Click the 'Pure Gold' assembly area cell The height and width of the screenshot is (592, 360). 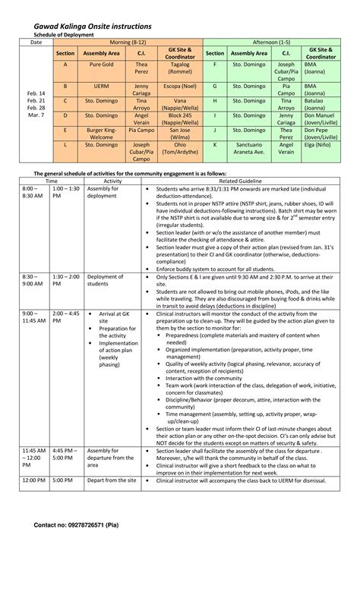[x=100, y=65]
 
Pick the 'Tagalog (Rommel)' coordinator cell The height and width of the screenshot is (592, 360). [x=179, y=69]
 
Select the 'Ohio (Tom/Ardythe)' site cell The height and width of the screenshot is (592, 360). [x=179, y=146]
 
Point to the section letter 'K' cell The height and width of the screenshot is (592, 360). [x=215, y=143]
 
